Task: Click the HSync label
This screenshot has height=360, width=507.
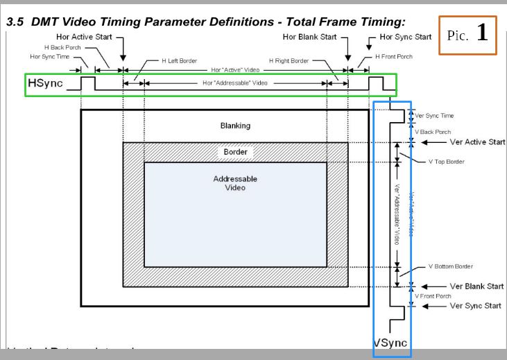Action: (x=46, y=84)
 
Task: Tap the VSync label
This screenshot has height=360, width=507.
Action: (x=390, y=343)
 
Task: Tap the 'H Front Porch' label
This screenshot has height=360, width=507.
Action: (x=394, y=56)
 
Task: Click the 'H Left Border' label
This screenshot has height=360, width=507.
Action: (x=179, y=61)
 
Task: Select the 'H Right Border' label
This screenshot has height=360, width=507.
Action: (x=289, y=61)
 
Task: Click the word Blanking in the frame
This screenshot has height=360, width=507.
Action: (x=235, y=126)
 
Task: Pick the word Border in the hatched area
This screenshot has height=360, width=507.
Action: (x=235, y=151)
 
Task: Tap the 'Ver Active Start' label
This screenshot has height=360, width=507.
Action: (x=477, y=142)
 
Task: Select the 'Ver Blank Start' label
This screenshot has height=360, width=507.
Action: (x=476, y=286)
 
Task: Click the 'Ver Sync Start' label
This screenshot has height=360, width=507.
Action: (x=475, y=305)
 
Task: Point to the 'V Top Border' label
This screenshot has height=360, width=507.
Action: (x=447, y=162)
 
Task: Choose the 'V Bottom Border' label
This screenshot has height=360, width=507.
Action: (x=451, y=266)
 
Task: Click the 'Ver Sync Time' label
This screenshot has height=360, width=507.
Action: (x=434, y=116)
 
